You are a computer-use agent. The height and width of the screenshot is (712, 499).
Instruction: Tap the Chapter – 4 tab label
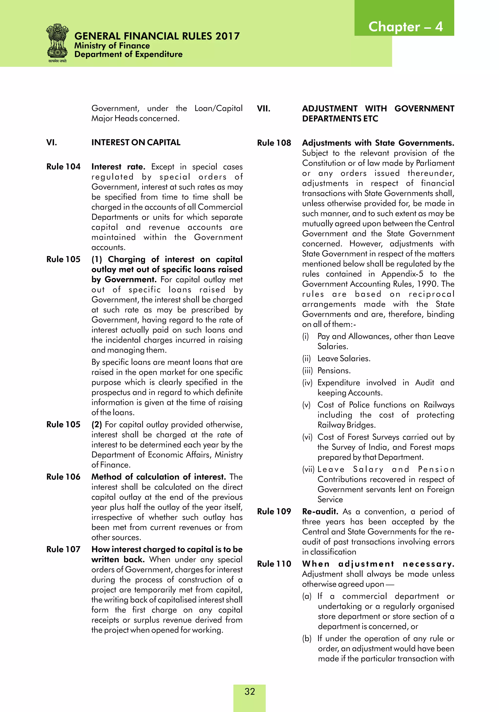(405, 27)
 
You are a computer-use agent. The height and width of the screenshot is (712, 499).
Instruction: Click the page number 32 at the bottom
(249, 692)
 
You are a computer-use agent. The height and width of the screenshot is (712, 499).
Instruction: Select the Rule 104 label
(63, 167)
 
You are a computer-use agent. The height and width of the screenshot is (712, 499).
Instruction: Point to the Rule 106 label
(63, 477)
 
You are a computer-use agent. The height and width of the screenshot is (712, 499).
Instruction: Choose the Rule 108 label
(274, 143)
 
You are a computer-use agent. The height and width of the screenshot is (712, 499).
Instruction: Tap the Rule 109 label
(274, 512)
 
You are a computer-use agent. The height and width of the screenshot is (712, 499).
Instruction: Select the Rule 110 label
(274, 564)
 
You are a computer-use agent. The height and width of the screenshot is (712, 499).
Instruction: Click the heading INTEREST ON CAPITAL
(136, 143)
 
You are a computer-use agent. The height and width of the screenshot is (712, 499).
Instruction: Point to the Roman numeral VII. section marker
(263, 109)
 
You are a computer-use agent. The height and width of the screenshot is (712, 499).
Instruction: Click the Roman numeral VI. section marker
(51, 143)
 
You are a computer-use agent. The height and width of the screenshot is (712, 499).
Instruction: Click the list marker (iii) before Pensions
(307, 371)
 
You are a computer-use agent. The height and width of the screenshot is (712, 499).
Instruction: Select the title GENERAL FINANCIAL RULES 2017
(157, 36)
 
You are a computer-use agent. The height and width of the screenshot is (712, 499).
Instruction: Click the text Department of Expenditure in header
(128, 55)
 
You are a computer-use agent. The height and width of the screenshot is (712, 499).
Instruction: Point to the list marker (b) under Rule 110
(307, 639)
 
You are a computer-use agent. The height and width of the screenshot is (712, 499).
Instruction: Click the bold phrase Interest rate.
(118, 167)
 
